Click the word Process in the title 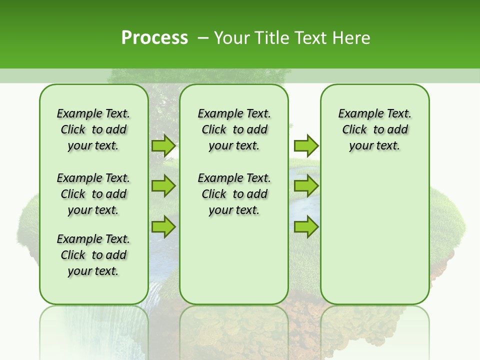pos(154,38)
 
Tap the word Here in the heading pos(350,38)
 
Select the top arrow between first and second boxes pos(163,146)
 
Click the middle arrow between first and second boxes pos(163,186)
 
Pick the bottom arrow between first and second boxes pos(163,226)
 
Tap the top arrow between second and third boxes pos(306,146)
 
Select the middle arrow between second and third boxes pos(306,186)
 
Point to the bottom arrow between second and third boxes pos(306,226)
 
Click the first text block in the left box pos(93,129)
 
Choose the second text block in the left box pos(93,194)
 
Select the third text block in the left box pos(93,255)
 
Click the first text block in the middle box pos(234,129)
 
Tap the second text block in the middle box pos(234,194)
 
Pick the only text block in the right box pos(375,129)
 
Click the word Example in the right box pos(357,114)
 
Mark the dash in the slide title pos(203,38)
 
